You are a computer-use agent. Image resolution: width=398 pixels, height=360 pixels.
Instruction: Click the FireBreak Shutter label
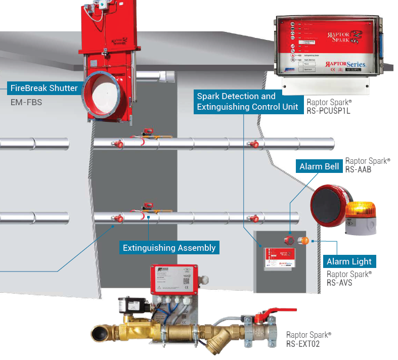pyautogui.click(x=44, y=88)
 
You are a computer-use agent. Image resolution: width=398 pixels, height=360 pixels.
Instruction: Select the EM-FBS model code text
pyautogui.click(x=26, y=102)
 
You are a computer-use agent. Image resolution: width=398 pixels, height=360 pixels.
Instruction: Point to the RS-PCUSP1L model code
pyautogui.click(x=329, y=110)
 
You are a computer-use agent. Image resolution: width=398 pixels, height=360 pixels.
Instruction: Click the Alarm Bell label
pyautogui.click(x=319, y=166)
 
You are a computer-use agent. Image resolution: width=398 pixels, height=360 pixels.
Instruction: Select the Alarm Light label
pyautogui.click(x=349, y=261)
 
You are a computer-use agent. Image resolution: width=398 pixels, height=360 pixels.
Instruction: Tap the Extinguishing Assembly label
pyautogui.click(x=169, y=248)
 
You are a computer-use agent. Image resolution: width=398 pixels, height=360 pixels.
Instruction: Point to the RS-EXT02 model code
pyautogui.click(x=303, y=344)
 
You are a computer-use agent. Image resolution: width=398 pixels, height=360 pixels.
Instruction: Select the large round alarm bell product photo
pyautogui.click(x=329, y=204)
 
